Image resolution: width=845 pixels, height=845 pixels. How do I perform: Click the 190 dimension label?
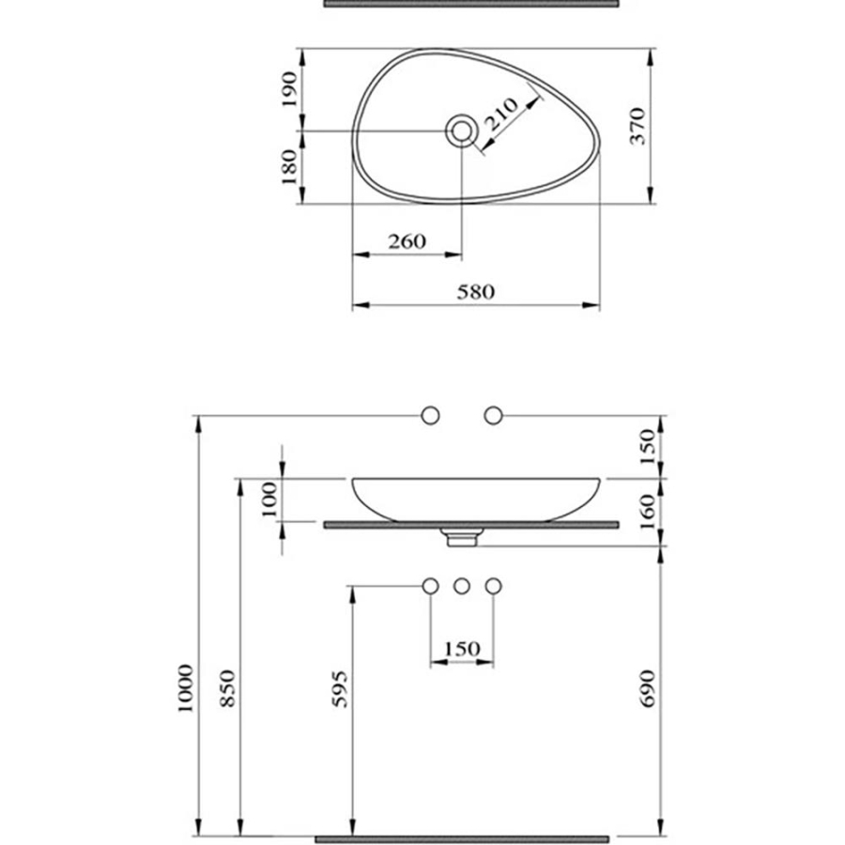coord(290,89)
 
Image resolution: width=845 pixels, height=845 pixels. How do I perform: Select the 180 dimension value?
coord(289,167)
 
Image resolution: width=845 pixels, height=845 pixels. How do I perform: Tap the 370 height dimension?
coord(638,126)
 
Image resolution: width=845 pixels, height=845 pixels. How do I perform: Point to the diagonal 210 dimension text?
coord(501,115)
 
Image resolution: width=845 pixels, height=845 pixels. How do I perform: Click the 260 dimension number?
coord(407,241)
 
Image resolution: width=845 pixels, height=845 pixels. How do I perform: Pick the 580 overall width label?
coord(476,292)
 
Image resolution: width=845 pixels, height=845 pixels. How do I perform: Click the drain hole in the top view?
coord(461,131)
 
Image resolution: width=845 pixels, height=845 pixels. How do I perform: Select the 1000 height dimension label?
coord(185,688)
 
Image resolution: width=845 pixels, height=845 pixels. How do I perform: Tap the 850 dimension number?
coord(228,688)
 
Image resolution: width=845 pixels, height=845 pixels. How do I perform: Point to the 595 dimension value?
coord(340,689)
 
